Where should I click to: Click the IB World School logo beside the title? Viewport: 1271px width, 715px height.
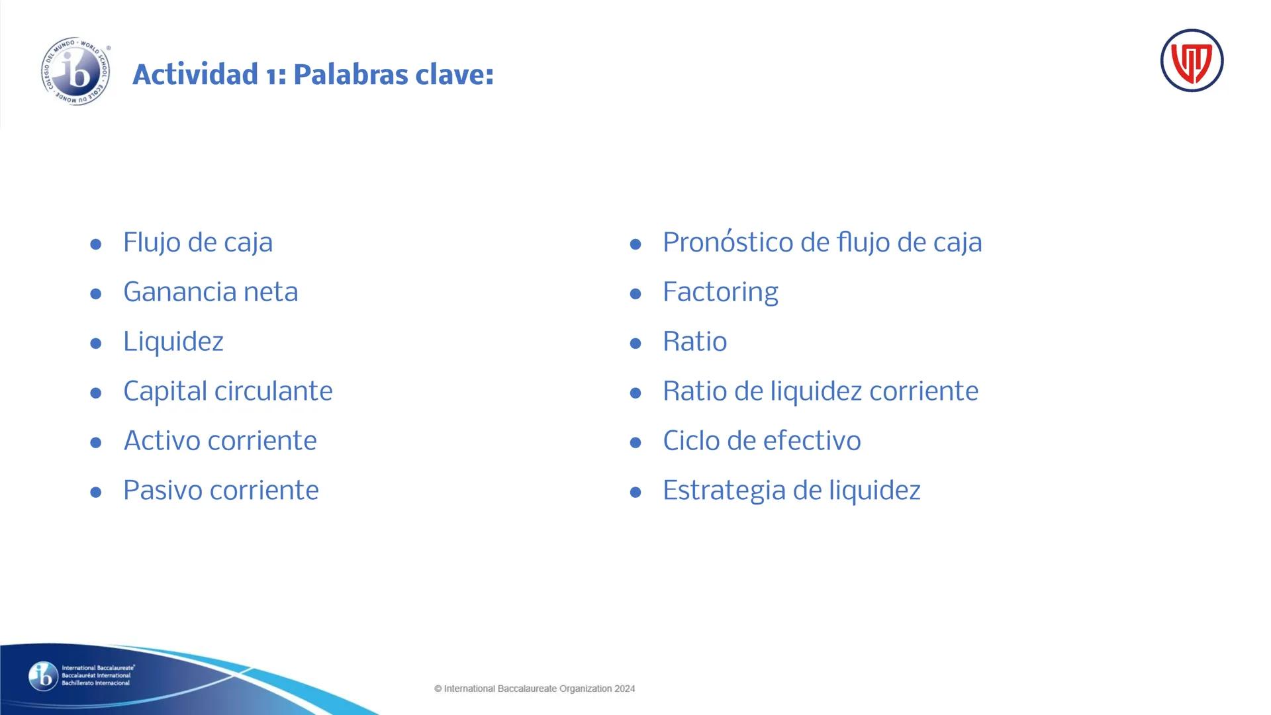point(75,72)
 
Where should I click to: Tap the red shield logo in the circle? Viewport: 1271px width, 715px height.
point(1192,61)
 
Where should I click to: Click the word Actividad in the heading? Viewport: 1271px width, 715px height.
point(195,74)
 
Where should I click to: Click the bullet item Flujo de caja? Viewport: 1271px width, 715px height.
point(197,242)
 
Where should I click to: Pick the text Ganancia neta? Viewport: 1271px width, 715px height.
point(211,292)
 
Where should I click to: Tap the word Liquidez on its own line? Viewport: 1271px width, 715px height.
point(173,342)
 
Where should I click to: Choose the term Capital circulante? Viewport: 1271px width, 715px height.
point(228,391)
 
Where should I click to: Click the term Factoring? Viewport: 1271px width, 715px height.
point(720,292)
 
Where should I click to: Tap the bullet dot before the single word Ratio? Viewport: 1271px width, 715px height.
point(635,344)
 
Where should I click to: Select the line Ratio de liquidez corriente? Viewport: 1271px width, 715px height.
point(820,391)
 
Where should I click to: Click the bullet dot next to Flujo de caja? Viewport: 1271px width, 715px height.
point(96,244)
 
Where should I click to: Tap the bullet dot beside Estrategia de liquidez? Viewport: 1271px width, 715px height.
point(635,493)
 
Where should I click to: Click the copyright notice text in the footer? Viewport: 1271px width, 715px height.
point(534,689)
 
